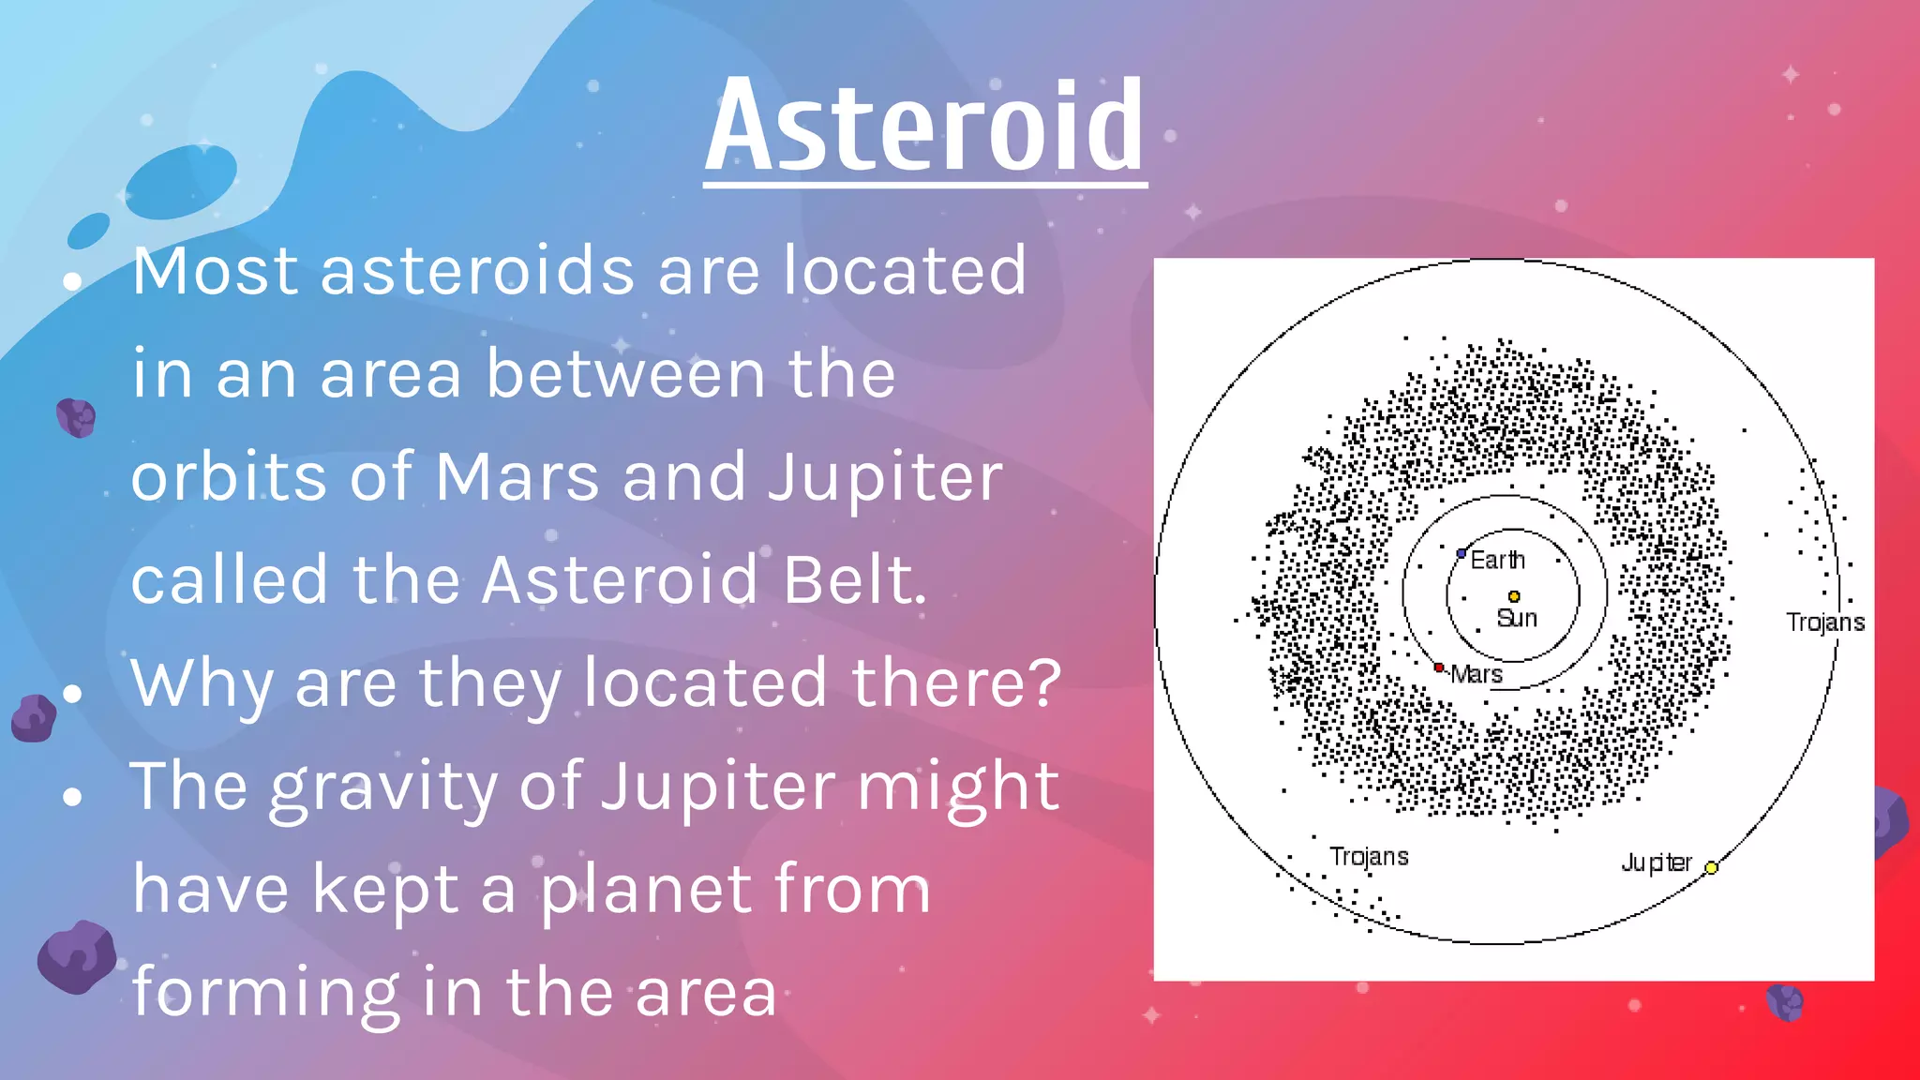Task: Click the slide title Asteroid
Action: [924, 127]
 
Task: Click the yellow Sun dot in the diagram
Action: [1514, 596]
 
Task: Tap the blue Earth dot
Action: [1461, 554]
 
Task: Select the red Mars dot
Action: [1439, 667]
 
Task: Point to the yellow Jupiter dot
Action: [1711, 867]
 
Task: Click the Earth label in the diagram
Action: [1497, 561]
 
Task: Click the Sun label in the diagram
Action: [1517, 619]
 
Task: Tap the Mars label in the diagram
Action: [1477, 675]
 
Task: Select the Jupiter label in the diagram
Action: [1657, 862]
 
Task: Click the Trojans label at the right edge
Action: [1824, 622]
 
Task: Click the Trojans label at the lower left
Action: [1369, 857]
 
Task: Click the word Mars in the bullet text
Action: [517, 477]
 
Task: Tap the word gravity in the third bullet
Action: [383, 787]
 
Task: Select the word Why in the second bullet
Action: [202, 683]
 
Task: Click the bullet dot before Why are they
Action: [72, 694]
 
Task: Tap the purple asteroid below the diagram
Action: [1785, 1001]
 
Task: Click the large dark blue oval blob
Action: [181, 182]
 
